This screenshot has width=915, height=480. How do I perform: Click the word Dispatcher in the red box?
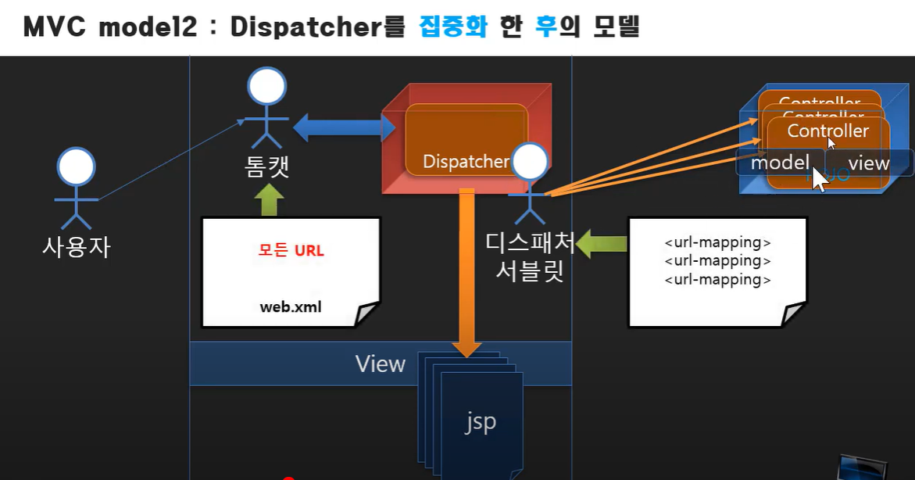466,162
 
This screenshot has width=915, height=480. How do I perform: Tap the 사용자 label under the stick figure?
76,247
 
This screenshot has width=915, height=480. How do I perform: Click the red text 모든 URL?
291,251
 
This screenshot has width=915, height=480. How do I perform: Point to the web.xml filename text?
291,306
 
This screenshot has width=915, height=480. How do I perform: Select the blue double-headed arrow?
343,127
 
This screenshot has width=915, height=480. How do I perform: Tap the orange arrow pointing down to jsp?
467,274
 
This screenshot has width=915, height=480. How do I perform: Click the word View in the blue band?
380,364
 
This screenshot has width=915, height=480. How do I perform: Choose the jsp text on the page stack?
479,422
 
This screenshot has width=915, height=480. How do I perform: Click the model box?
780,163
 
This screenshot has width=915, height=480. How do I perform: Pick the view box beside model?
869,163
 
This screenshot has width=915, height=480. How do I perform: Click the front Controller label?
827,131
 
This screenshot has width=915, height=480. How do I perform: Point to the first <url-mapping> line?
717,242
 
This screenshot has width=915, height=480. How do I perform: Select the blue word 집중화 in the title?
453,27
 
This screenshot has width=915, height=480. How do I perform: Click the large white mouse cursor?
819,178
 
